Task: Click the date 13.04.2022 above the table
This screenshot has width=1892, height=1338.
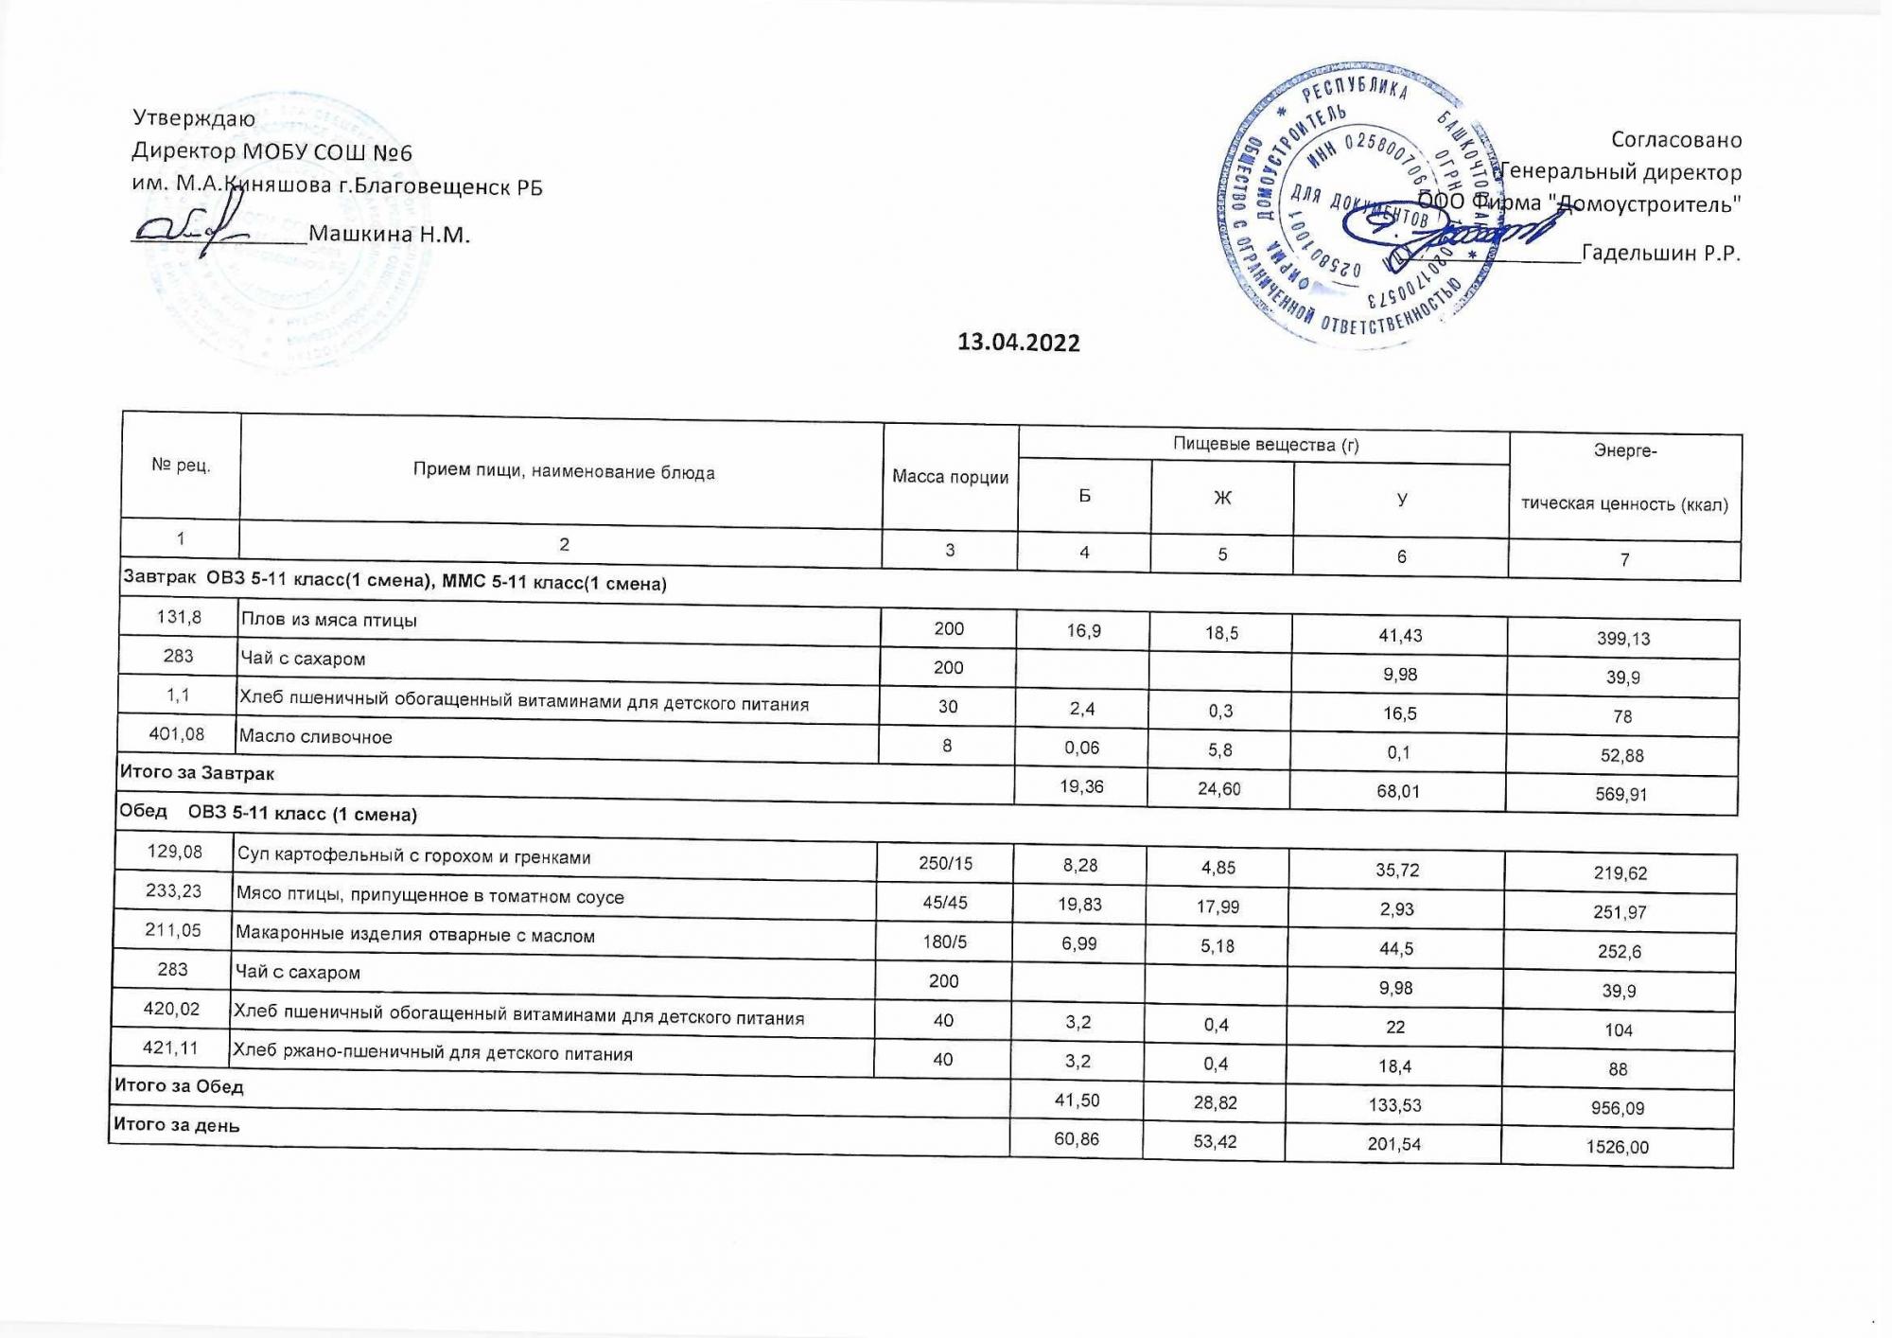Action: tap(1018, 343)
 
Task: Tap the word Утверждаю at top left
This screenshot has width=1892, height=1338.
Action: tap(194, 118)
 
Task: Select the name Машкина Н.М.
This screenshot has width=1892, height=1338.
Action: tap(389, 235)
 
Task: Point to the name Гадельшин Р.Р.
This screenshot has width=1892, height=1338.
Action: tap(1660, 254)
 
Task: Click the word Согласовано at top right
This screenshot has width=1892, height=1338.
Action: tap(1675, 140)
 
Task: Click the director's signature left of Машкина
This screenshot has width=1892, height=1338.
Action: tap(189, 230)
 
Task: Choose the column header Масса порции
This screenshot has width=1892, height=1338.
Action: tap(950, 477)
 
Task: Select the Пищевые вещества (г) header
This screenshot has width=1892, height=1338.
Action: tap(1265, 444)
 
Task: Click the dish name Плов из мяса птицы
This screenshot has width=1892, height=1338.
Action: tap(328, 620)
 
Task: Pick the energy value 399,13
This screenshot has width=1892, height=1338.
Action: tap(1623, 639)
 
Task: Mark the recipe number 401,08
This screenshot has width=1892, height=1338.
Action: tap(177, 734)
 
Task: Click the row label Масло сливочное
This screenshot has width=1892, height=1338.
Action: tap(315, 736)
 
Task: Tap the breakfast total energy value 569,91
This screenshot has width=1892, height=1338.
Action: tap(1621, 795)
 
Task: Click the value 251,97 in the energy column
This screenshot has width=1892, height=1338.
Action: tap(1620, 912)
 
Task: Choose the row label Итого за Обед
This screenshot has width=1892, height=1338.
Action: tap(179, 1085)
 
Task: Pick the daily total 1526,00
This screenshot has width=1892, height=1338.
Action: tap(1619, 1148)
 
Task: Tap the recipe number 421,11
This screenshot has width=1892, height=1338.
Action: tap(172, 1048)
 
